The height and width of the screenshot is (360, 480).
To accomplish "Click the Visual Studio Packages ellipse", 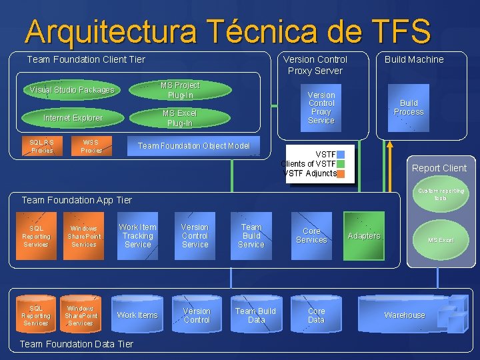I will [72, 90].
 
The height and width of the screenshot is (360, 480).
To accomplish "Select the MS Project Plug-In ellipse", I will [180, 90].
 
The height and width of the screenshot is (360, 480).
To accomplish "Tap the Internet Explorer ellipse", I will [72, 118].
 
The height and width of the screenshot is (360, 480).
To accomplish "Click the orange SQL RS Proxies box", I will [41, 146].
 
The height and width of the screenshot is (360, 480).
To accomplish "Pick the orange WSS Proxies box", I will [91, 146].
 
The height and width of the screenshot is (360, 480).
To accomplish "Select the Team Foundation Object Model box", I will [193, 146].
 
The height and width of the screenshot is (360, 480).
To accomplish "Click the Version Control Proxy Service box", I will [321, 108].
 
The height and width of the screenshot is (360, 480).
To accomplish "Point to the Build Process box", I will [408, 108].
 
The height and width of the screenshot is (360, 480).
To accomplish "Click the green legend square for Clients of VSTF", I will [341, 164].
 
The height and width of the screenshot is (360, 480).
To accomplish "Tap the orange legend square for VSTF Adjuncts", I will [341, 174].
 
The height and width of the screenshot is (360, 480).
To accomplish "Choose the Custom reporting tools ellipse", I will [441, 194].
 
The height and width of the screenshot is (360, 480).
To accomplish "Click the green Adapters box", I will [363, 236].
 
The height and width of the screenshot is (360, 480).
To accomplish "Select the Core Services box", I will [311, 236].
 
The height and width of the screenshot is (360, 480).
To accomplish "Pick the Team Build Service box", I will [251, 236].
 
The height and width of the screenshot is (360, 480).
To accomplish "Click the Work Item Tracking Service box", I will [137, 236].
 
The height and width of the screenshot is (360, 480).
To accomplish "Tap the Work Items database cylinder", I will [137, 315].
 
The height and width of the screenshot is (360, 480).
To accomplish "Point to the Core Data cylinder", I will [316, 315].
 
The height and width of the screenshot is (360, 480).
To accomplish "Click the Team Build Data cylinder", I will [255, 315].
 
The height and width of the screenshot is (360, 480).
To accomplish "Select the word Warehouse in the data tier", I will [404, 315].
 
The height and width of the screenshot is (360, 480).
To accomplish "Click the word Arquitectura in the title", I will [111, 31].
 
